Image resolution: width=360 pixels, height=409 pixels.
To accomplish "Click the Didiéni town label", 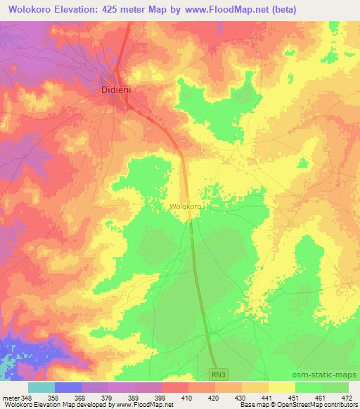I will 112,91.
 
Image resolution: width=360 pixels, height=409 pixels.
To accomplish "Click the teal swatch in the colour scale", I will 41,387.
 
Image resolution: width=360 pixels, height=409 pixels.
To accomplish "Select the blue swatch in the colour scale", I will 67,387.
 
